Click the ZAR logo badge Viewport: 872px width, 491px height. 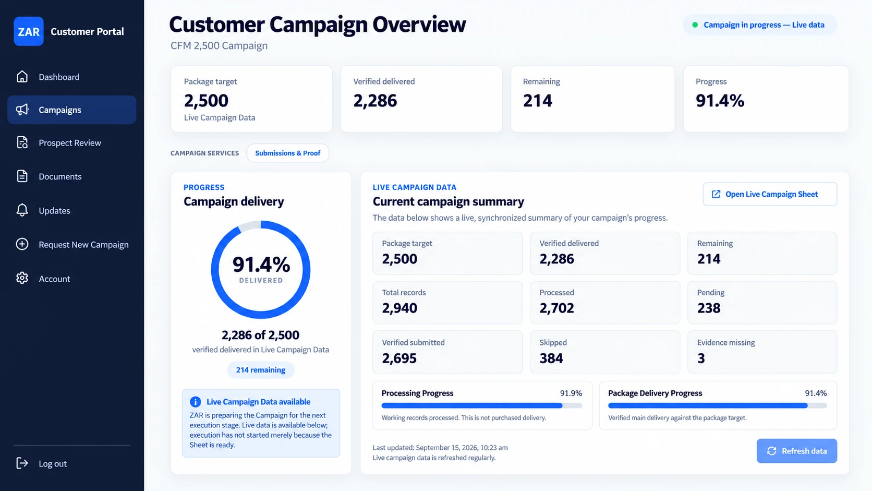[28, 31]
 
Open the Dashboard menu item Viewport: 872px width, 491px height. [59, 77]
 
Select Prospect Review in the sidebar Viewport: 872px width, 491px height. [70, 143]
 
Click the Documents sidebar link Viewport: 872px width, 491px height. [60, 176]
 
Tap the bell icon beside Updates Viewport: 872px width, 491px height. [22, 210]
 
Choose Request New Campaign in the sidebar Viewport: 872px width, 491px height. [83, 245]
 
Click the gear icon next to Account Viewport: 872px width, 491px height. [22, 278]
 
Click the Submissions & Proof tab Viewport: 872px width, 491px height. [288, 153]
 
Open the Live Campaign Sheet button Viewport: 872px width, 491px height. [770, 194]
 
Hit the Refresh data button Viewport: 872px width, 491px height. [796, 451]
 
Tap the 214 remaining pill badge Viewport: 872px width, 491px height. [260, 370]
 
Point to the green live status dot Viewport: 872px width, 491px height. [695, 25]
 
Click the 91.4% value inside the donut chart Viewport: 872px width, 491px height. [261, 265]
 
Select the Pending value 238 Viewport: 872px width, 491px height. [709, 308]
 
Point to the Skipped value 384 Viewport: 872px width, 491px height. [551, 358]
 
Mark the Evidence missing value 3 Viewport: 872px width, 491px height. [701, 358]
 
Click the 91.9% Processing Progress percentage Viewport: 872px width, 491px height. [571, 393]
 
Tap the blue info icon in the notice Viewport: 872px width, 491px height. [196, 402]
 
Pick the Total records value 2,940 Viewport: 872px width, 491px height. [399, 308]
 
